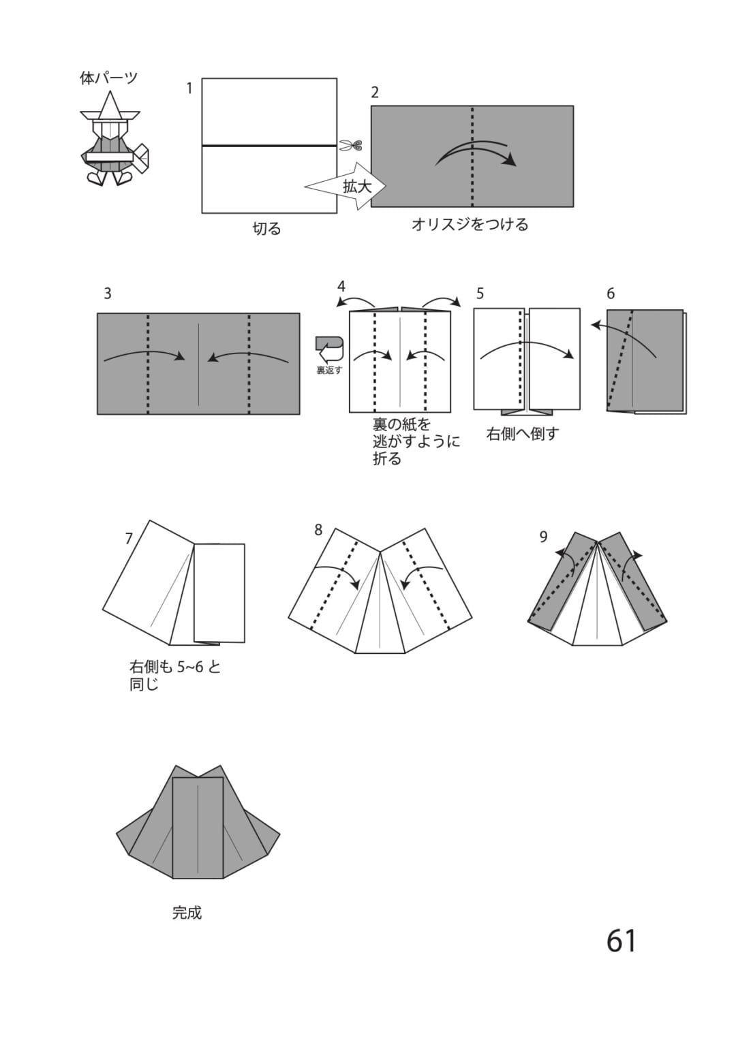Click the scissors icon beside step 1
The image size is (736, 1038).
coord(350,146)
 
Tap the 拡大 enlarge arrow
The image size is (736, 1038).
coord(345,187)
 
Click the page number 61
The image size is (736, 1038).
coord(622,941)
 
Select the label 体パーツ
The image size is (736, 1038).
coord(109,78)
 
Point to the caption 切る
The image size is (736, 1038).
coord(266,228)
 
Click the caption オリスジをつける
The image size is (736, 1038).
coord(470,224)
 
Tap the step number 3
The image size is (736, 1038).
coord(108,294)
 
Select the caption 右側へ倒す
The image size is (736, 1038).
coord(523,434)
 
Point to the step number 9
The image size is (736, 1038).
coord(544,536)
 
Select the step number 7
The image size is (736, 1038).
coord(129,538)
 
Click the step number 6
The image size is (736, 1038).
coord(611,294)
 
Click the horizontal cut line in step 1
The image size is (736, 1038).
coord(269,146)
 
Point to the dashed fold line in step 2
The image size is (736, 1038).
coord(472,156)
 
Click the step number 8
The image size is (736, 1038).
coord(318,530)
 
